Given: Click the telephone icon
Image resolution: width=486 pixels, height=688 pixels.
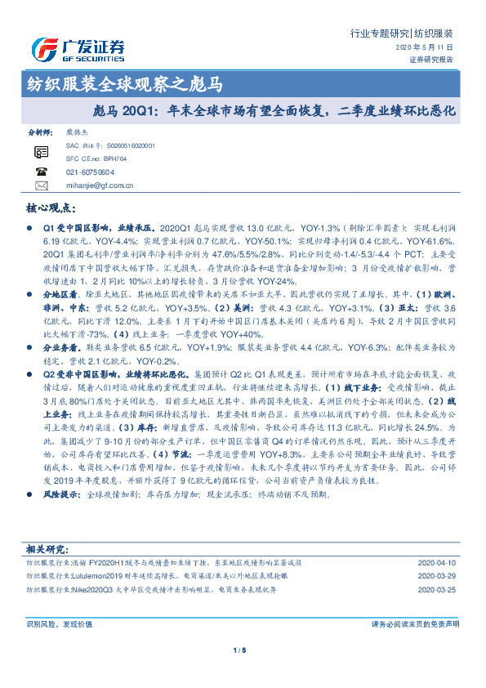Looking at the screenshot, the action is point(42,172).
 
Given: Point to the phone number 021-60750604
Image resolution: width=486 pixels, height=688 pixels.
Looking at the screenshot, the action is point(90,172).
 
